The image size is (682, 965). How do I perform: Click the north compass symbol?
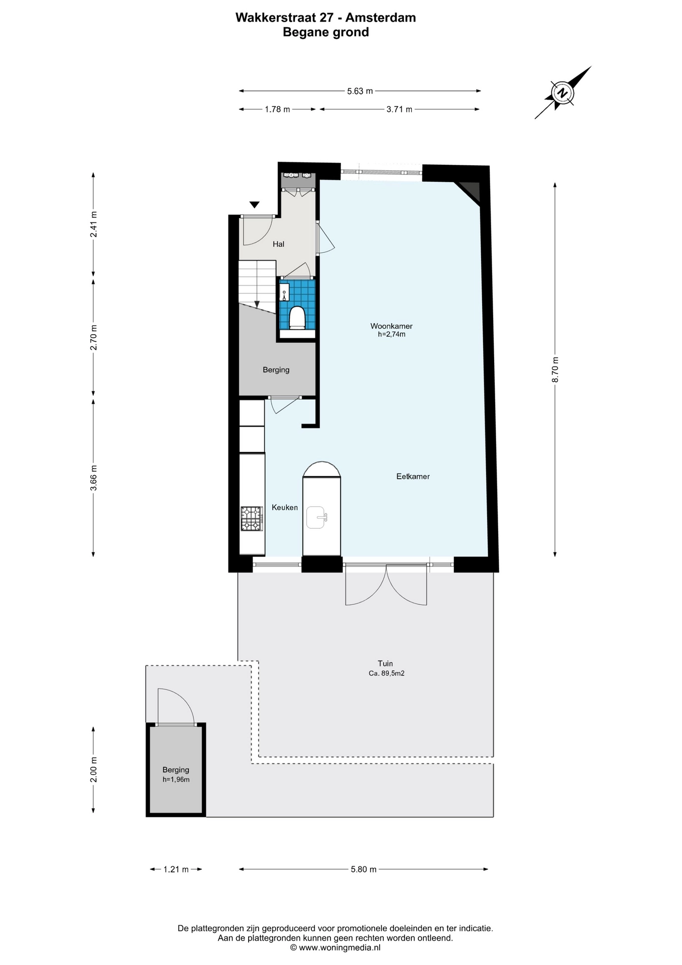click(x=563, y=92)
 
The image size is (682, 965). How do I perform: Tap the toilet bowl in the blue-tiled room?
click(x=297, y=318)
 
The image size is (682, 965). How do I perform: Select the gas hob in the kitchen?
click(x=252, y=519)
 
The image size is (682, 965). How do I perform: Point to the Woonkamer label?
click(x=391, y=326)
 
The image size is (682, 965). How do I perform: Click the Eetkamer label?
click(x=413, y=476)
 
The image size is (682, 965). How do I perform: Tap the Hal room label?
click(x=278, y=244)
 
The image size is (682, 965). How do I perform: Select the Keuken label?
click(x=285, y=508)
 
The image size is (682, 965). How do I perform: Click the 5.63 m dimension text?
click(x=360, y=91)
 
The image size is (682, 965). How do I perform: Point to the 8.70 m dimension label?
click(x=555, y=369)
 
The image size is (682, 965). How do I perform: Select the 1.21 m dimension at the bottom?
click(x=176, y=870)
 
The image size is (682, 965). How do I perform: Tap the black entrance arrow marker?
click(x=255, y=205)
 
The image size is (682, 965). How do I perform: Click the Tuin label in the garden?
click(x=385, y=663)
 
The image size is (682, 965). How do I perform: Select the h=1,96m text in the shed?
click(x=176, y=780)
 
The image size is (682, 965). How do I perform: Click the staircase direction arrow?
click(x=257, y=304)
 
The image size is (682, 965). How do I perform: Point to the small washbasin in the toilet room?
click(x=284, y=292)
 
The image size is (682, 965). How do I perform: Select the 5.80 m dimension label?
click(x=364, y=870)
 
